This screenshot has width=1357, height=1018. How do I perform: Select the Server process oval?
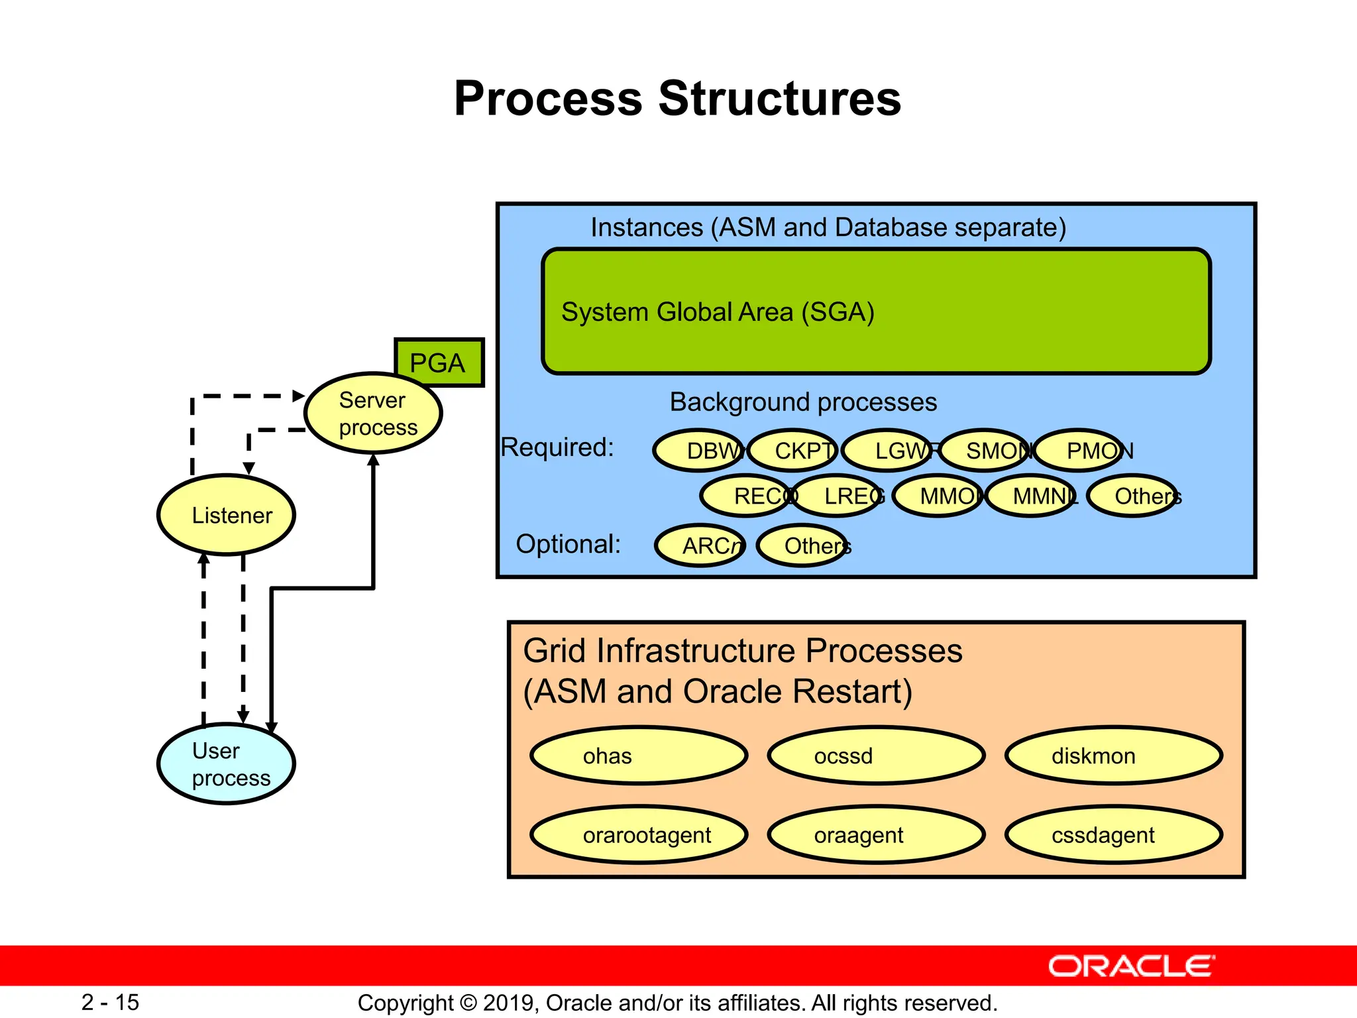(373, 414)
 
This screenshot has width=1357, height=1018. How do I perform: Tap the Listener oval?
(227, 515)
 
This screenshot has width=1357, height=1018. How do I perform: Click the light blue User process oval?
(227, 764)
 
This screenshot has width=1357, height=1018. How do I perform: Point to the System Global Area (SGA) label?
(718, 312)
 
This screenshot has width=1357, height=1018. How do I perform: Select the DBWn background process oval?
(698, 451)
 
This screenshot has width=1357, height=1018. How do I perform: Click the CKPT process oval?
(794, 451)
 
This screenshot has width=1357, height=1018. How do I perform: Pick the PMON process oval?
(1080, 451)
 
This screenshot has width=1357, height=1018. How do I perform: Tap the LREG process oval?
(838, 496)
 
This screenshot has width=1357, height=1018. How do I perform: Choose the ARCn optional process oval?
(701, 545)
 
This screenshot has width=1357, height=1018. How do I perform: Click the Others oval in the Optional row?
(802, 545)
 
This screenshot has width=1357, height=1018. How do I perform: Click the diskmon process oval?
(1114, 756)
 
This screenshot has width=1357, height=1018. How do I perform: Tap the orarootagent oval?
(639, 835)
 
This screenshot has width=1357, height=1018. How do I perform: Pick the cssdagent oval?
(1114, 835)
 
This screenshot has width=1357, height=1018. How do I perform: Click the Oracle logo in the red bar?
(1131, 966)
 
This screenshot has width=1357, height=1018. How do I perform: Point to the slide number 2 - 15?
(110, 1002)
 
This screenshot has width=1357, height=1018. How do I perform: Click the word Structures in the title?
(779, 99)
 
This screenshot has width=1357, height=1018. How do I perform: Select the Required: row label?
(557, 447)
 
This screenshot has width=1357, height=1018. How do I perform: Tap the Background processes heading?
(803, 402)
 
